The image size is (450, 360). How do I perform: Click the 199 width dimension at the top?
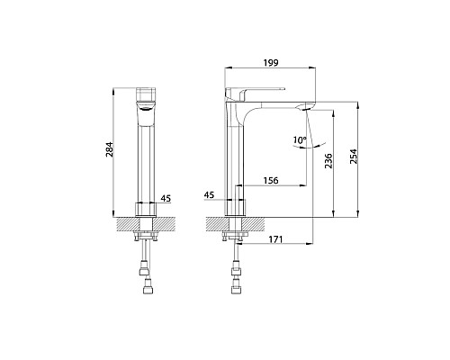[271, 63]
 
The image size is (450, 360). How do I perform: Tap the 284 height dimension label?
[110, 149]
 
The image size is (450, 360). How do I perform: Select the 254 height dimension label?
[354, 157]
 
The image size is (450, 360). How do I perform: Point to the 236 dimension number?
[329, 161]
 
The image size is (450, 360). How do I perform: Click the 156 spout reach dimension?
[271, 181]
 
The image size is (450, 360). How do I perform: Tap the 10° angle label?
[300, 139]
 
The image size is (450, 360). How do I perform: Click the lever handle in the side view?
[255, 91]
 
